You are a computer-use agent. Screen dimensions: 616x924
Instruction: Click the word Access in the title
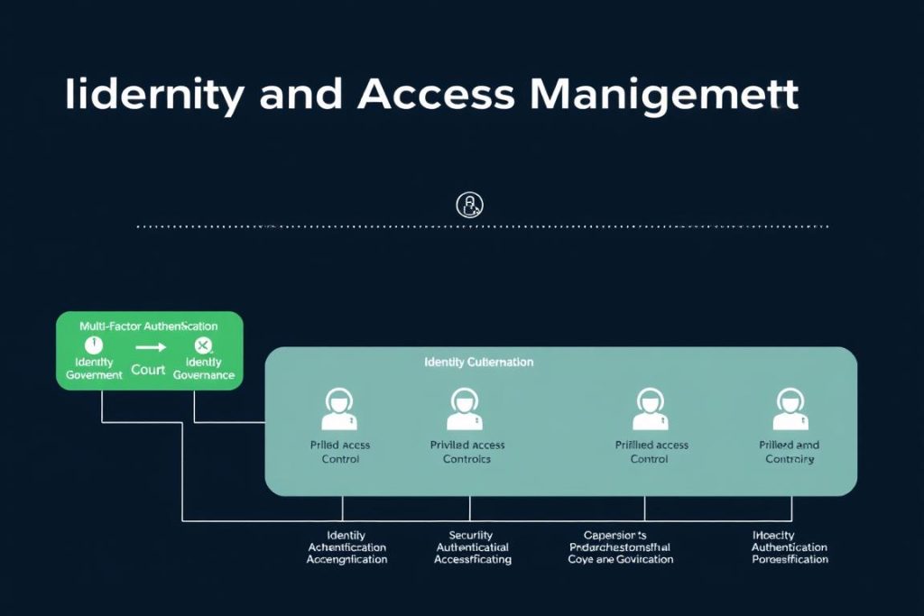tap(438, 95)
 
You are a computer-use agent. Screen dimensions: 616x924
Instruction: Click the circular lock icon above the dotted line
tap(469, 204)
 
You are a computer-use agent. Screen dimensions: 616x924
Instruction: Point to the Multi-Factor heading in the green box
tap(148, 326)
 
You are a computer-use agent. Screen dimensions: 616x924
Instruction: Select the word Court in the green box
tap(148, 370)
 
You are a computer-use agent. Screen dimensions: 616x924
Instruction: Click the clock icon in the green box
tap(93, 345)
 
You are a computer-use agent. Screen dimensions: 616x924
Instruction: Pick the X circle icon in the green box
tap(203, 345)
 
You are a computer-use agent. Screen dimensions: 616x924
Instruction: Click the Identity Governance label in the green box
tap(204, 368)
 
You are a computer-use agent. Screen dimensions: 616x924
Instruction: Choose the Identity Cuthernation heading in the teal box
tap(478, 362)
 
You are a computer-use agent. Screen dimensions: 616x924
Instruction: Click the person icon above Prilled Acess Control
tap(339, 409)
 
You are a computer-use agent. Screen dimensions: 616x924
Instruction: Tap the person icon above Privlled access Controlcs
tap(466, 409)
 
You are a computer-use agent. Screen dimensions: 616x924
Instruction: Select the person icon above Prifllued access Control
tap(651, 409)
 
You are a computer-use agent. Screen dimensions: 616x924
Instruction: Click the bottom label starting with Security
tap(472, 547)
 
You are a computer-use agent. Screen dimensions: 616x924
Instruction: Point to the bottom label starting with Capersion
tap(620, 547)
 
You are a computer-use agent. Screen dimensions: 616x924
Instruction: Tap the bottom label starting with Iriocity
tap(790, 547)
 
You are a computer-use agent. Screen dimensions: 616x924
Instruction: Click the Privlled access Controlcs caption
tap(467, 452)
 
